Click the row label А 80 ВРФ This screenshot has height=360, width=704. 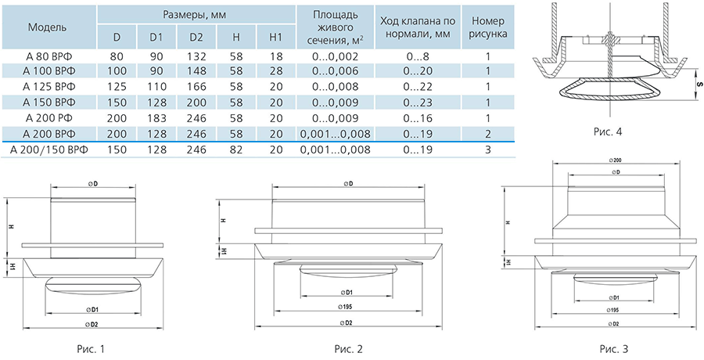(48, 56)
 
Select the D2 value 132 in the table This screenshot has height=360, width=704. (196, 56)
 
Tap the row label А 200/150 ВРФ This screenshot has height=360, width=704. (48, 149)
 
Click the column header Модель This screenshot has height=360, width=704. (48, 27)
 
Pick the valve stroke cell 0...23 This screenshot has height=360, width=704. (418, 103)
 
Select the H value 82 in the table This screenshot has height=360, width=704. (235, 149)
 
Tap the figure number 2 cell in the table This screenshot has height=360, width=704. (488, 134)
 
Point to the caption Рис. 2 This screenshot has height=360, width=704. (348, 349)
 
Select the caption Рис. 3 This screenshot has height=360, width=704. (614, 349)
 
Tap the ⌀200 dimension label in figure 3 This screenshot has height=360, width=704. (616, 160)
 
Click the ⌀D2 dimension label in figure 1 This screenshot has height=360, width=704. (93, 323)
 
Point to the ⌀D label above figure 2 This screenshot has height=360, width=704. (347, 183)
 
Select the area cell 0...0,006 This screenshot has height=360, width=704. (336, 71)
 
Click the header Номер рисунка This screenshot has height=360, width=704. (488, 27)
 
